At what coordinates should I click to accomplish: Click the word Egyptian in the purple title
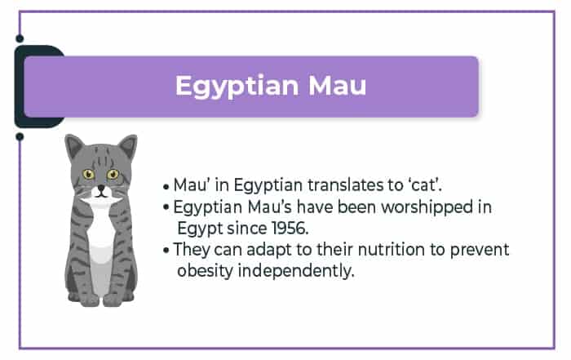237,87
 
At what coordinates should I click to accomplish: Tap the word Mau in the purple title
337,86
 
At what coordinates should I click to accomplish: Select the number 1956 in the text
290,229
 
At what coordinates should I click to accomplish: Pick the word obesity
205,272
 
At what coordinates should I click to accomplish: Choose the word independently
295,272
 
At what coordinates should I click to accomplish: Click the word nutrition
391,250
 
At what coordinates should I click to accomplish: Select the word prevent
480,251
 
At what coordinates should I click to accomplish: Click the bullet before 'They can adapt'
166,251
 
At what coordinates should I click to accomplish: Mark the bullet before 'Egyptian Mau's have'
166,207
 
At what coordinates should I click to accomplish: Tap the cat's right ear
128,147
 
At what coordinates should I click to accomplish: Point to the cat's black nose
101,189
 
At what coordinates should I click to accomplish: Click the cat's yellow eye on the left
88,174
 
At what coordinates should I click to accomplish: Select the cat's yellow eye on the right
113,174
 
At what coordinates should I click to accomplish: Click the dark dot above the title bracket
20,38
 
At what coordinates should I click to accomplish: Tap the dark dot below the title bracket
20,137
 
